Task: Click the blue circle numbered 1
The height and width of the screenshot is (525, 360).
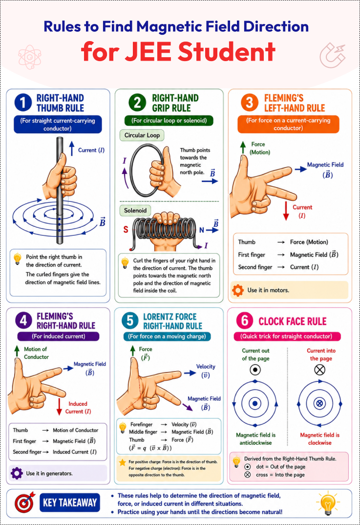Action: (23, 102)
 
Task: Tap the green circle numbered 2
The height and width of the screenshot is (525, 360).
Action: (137, 102)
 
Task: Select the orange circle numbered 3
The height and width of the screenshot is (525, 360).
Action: (249, 102)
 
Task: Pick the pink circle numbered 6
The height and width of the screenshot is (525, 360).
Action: (245, 321)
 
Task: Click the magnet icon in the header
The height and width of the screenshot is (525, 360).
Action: (332, 55)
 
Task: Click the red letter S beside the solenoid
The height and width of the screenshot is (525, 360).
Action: (126, 230)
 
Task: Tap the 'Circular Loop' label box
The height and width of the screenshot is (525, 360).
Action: (142, 135)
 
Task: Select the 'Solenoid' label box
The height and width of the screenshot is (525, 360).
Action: (135, 211)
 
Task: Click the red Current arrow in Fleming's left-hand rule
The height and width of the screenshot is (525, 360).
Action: (286, 211)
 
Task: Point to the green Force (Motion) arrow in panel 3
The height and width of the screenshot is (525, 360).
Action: (243, 147)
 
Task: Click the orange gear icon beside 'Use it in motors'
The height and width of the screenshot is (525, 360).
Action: (238, 290)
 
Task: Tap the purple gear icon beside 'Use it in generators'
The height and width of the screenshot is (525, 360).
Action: (17, 473)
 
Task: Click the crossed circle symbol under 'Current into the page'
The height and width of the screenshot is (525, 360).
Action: (320, 370)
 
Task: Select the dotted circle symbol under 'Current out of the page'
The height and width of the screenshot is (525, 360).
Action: (255, 370)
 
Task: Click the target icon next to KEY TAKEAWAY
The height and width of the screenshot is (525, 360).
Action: (24, 502)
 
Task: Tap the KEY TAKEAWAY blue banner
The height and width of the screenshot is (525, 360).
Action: (70, 503)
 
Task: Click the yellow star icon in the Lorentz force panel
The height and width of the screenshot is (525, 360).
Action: (123, 462)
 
